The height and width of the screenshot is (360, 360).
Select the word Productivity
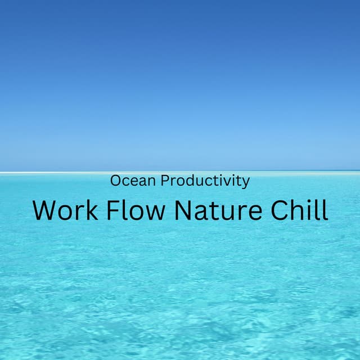pos(205,181)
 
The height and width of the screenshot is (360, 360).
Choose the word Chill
pos(299,210)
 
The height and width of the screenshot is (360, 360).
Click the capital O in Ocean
pos(116,181)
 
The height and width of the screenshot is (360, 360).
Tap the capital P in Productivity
pos(165,181)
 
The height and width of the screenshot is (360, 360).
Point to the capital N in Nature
pos(184,210)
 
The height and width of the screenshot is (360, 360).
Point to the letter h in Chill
pos(299,210)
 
